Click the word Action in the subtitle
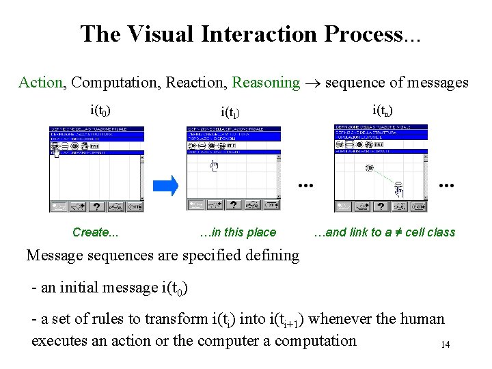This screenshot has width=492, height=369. (x=40, y=83)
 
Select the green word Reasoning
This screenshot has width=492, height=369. (x=266, y=83)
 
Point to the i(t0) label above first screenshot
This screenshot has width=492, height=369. (x=101, y=109)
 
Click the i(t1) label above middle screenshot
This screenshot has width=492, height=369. (x=231, y=111)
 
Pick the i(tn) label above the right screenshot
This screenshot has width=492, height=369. (x=382, y=109)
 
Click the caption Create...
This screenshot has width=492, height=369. (x=95, y=232)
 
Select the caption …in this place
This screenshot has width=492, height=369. (x=238, y=232)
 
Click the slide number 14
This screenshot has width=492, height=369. (x=445, y=344)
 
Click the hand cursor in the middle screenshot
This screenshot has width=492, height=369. (x=214, y=165)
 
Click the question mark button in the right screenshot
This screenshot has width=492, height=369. (x=381, y=206)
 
